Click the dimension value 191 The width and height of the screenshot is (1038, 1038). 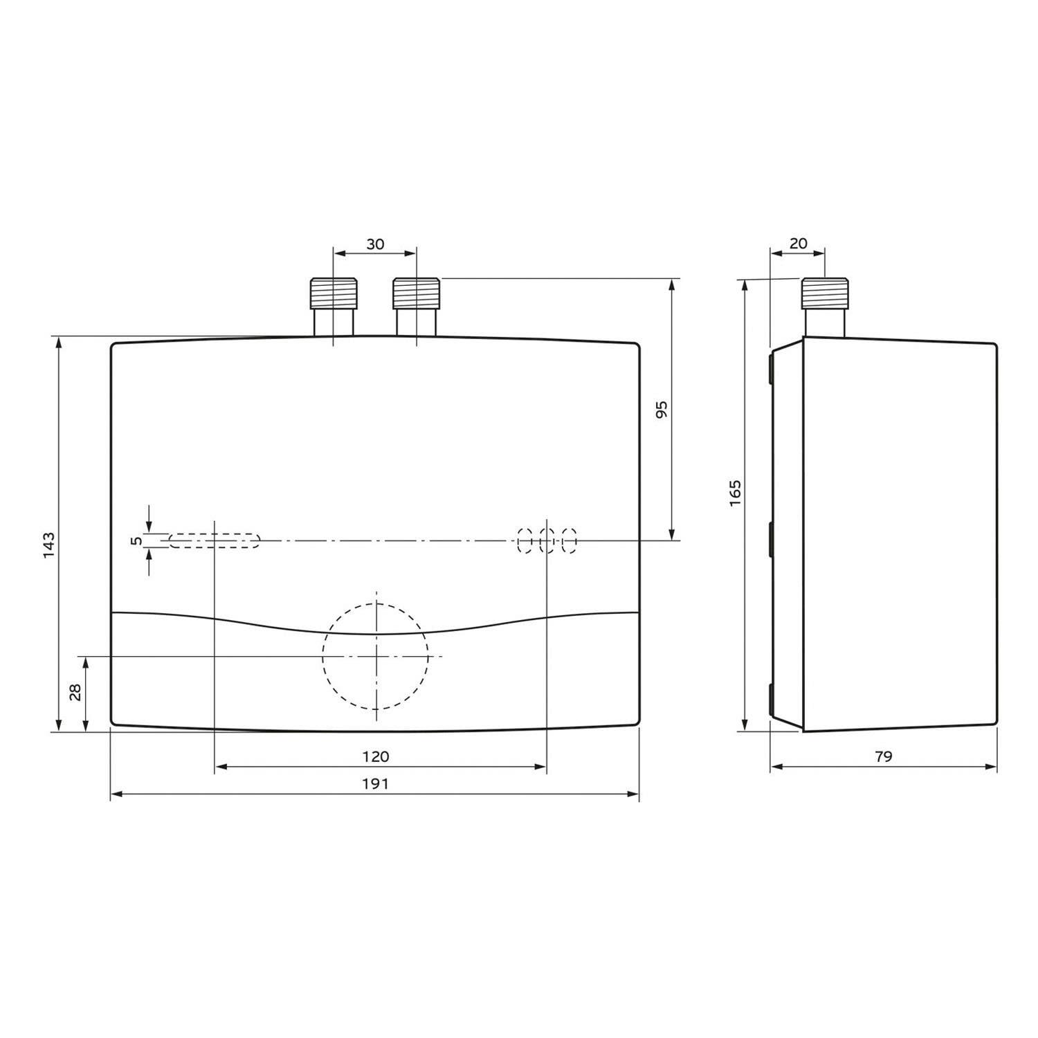click(x=375, y=783)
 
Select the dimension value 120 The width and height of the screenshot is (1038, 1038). click(x=376, y=756)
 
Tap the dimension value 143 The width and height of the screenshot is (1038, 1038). click(x=49, y=545)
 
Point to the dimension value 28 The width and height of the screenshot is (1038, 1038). click(x=75, y=693)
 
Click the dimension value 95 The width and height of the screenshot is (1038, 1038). click(x=662, y=410)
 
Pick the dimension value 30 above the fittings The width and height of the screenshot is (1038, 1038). click(x=375, y=244)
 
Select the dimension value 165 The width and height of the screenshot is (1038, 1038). click(x=735, y=493)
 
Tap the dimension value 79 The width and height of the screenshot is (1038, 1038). click(x=884, y=756)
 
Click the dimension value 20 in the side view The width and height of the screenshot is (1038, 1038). click(x=798, y=244)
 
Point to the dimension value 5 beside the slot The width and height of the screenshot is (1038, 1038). click(x=136, y=540)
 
